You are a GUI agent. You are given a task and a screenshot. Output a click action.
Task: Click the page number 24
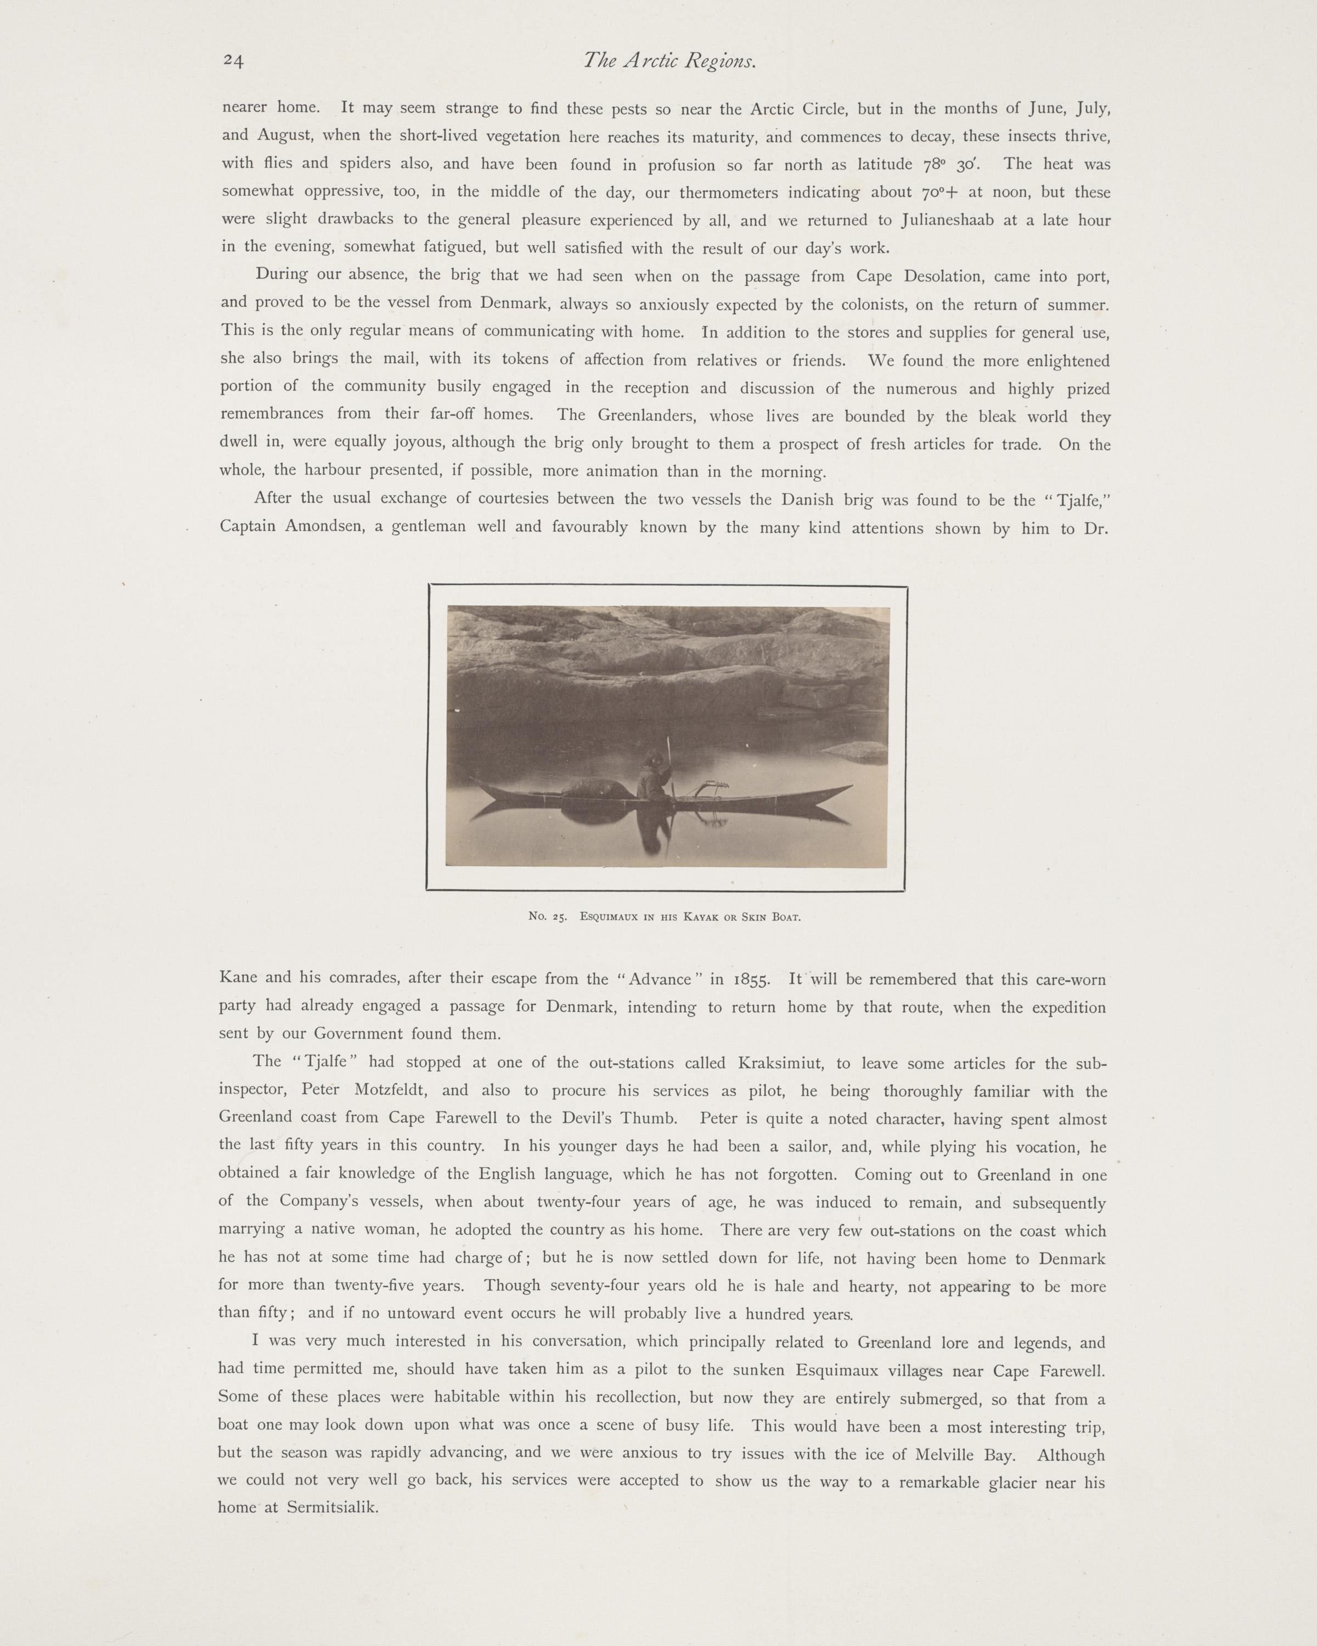[x=233, y=61]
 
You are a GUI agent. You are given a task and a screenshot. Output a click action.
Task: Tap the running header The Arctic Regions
[x=669, y=61]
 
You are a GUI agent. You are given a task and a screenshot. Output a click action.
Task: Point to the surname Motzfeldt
[x=396, y=1091]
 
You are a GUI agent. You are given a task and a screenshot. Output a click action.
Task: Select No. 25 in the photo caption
[x=547, y=917]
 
